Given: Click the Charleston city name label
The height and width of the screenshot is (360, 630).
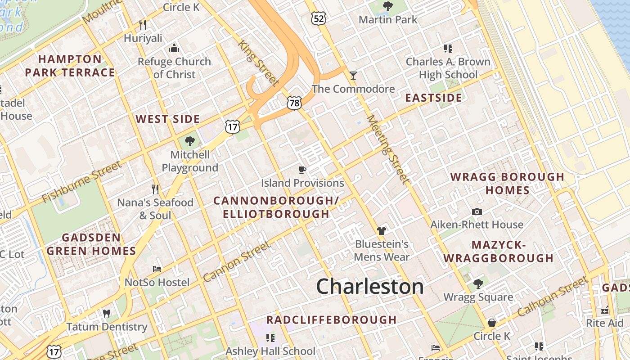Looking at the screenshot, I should [x=370, y=287].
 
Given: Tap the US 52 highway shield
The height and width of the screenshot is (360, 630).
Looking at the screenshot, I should [x=318, y=18].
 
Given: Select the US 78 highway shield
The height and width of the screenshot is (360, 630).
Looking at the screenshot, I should [x=294, y=103].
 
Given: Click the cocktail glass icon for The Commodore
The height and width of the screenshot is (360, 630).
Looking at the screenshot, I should [x=353, y=75].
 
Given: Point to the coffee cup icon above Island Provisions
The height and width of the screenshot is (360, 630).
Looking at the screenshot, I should [x=302, y=170].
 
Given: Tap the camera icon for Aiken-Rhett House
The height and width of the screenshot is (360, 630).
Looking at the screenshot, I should [x=477, y=211].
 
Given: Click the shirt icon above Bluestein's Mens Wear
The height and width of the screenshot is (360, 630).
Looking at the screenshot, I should [x=382, y=231].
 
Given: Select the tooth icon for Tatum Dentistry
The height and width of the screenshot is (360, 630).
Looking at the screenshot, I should [x=107, y=313].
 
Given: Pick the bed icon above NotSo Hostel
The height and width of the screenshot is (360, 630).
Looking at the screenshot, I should [x=157, y=269].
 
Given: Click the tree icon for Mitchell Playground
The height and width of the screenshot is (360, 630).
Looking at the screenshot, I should [x=190, y=141].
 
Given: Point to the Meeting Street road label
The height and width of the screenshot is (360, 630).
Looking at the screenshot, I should [x=388, y=149].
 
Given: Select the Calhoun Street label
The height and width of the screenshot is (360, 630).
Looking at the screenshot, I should [x=553, y=297].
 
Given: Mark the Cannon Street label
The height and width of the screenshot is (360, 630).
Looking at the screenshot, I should [x=237, y=262].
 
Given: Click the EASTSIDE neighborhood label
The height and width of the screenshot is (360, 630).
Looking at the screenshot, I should [x=433, y=98].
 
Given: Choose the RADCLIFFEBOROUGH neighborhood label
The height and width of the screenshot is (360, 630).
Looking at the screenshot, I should [x=331, y=320].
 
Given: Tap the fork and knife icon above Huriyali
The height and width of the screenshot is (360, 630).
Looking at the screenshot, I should [x=143, y=24].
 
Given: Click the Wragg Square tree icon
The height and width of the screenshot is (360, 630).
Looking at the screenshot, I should [x=478, y=283].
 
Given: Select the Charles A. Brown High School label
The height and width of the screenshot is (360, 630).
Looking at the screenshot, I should [x=448, y=68].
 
